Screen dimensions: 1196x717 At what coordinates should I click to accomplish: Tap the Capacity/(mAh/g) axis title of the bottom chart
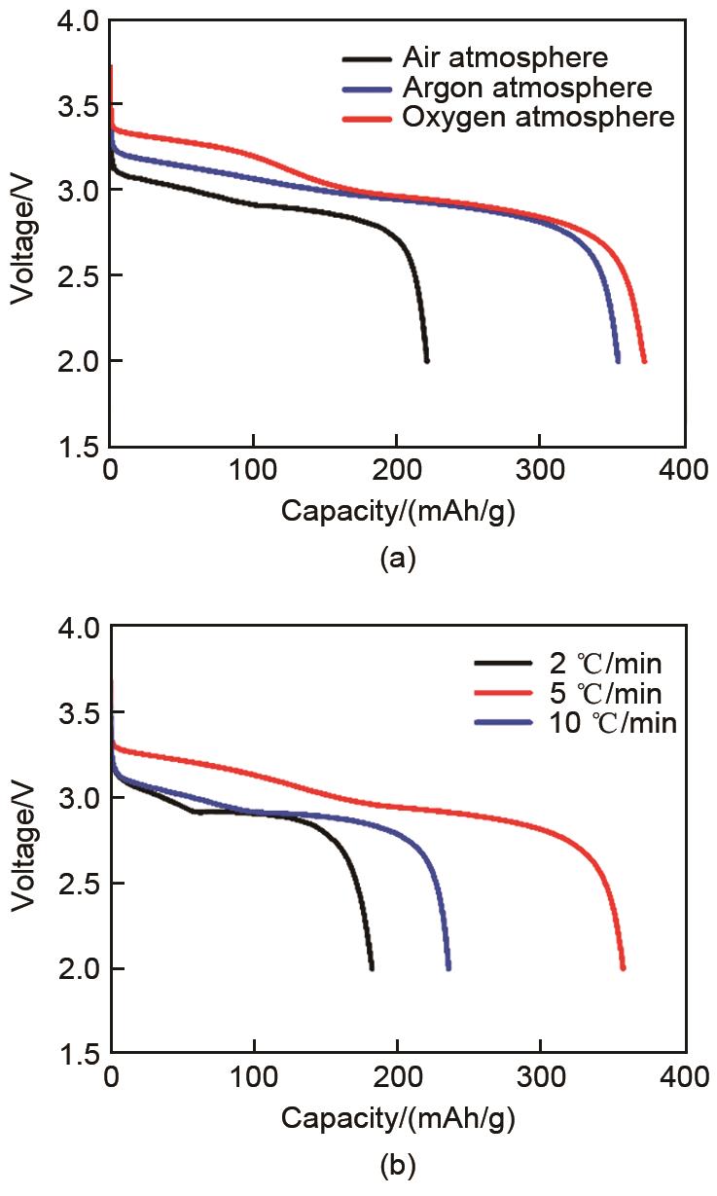click(398, 1118)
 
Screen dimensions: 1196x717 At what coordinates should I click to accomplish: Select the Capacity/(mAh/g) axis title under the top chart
click(398, 511)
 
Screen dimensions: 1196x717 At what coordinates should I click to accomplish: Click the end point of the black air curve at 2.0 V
click(426, 360)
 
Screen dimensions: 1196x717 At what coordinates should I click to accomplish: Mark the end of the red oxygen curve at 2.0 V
click(644, 360)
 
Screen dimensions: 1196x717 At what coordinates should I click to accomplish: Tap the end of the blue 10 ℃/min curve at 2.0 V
click(448, 967)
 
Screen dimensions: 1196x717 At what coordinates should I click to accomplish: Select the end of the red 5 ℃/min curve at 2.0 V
click(623, 967)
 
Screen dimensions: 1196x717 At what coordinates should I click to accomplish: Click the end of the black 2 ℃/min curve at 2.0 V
click(372, 967)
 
